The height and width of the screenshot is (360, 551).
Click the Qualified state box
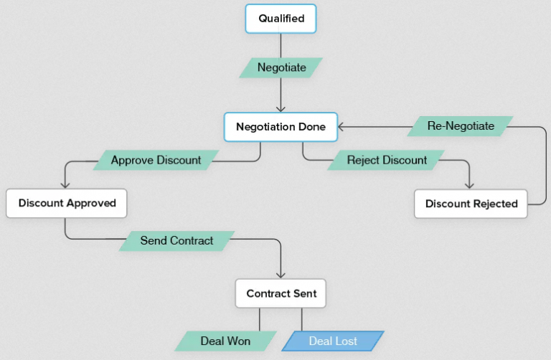(x=281, y=19)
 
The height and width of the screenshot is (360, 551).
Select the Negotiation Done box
(x=281, y=127)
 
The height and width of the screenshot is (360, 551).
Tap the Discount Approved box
(x=67, y=203)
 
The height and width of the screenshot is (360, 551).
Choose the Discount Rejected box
(x=471, y=204)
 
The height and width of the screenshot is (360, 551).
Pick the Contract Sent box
(x=281, y=293)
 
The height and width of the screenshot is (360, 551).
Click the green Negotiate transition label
(x=281, y=67)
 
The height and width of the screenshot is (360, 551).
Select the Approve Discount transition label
(x=156, y=160)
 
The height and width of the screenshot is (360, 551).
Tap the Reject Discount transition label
(x=387, y=160)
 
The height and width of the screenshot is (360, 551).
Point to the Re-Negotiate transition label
(x=461, y=126)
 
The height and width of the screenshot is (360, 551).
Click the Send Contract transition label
(x=176, y=240)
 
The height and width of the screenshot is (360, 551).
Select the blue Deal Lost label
(x=333, y=341)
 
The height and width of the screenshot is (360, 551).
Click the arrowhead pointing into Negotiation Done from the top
(x=281, y=108)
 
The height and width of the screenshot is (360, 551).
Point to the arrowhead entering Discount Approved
(x=66, y=184)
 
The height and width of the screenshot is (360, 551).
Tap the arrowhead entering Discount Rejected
(x=470, y=185)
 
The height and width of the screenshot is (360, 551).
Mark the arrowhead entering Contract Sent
(x=281, y=274)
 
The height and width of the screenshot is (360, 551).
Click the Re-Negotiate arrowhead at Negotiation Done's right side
(x=342, y=127)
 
